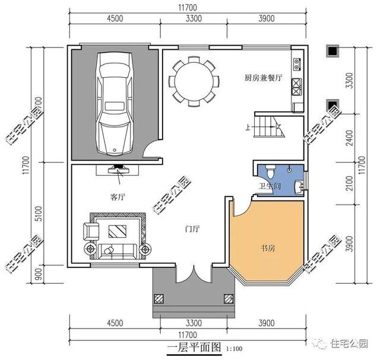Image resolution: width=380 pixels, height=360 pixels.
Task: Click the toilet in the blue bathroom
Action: [x=271, y=173]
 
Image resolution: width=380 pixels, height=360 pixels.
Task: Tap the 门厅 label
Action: [x=192, y=227]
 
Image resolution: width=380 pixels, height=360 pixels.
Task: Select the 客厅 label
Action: [x=118, y=196]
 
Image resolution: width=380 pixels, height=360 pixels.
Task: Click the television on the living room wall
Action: [x=121, y=169]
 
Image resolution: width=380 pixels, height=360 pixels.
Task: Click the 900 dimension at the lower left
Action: [x=38, y=275]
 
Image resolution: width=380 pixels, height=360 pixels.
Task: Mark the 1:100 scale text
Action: [x=233, y=348]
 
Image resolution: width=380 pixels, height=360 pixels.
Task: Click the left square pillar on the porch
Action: [x=160, y=299]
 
